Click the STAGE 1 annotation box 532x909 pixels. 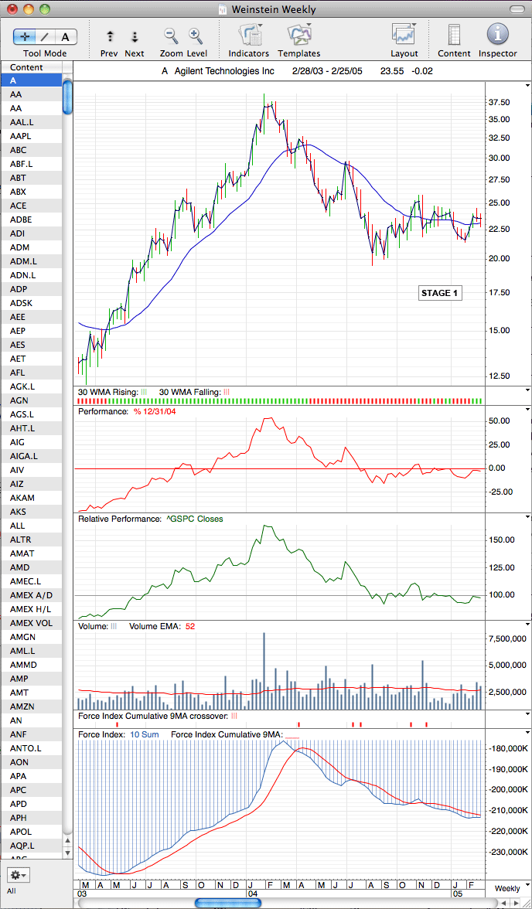tap(440, 293)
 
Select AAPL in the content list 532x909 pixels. tap(20, 136)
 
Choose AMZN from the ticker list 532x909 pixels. tap(22, 706)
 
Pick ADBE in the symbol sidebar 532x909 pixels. tap(21, 220)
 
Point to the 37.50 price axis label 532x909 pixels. tap(499, 103)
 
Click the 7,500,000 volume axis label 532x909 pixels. tap(506, 638)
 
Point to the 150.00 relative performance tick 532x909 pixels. tap(502, 540)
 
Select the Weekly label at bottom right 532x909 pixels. tap(507, 888)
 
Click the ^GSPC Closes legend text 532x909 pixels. tap(194, 519)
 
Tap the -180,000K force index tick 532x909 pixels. tap(508, 749)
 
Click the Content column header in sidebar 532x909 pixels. tap(26, 67)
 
